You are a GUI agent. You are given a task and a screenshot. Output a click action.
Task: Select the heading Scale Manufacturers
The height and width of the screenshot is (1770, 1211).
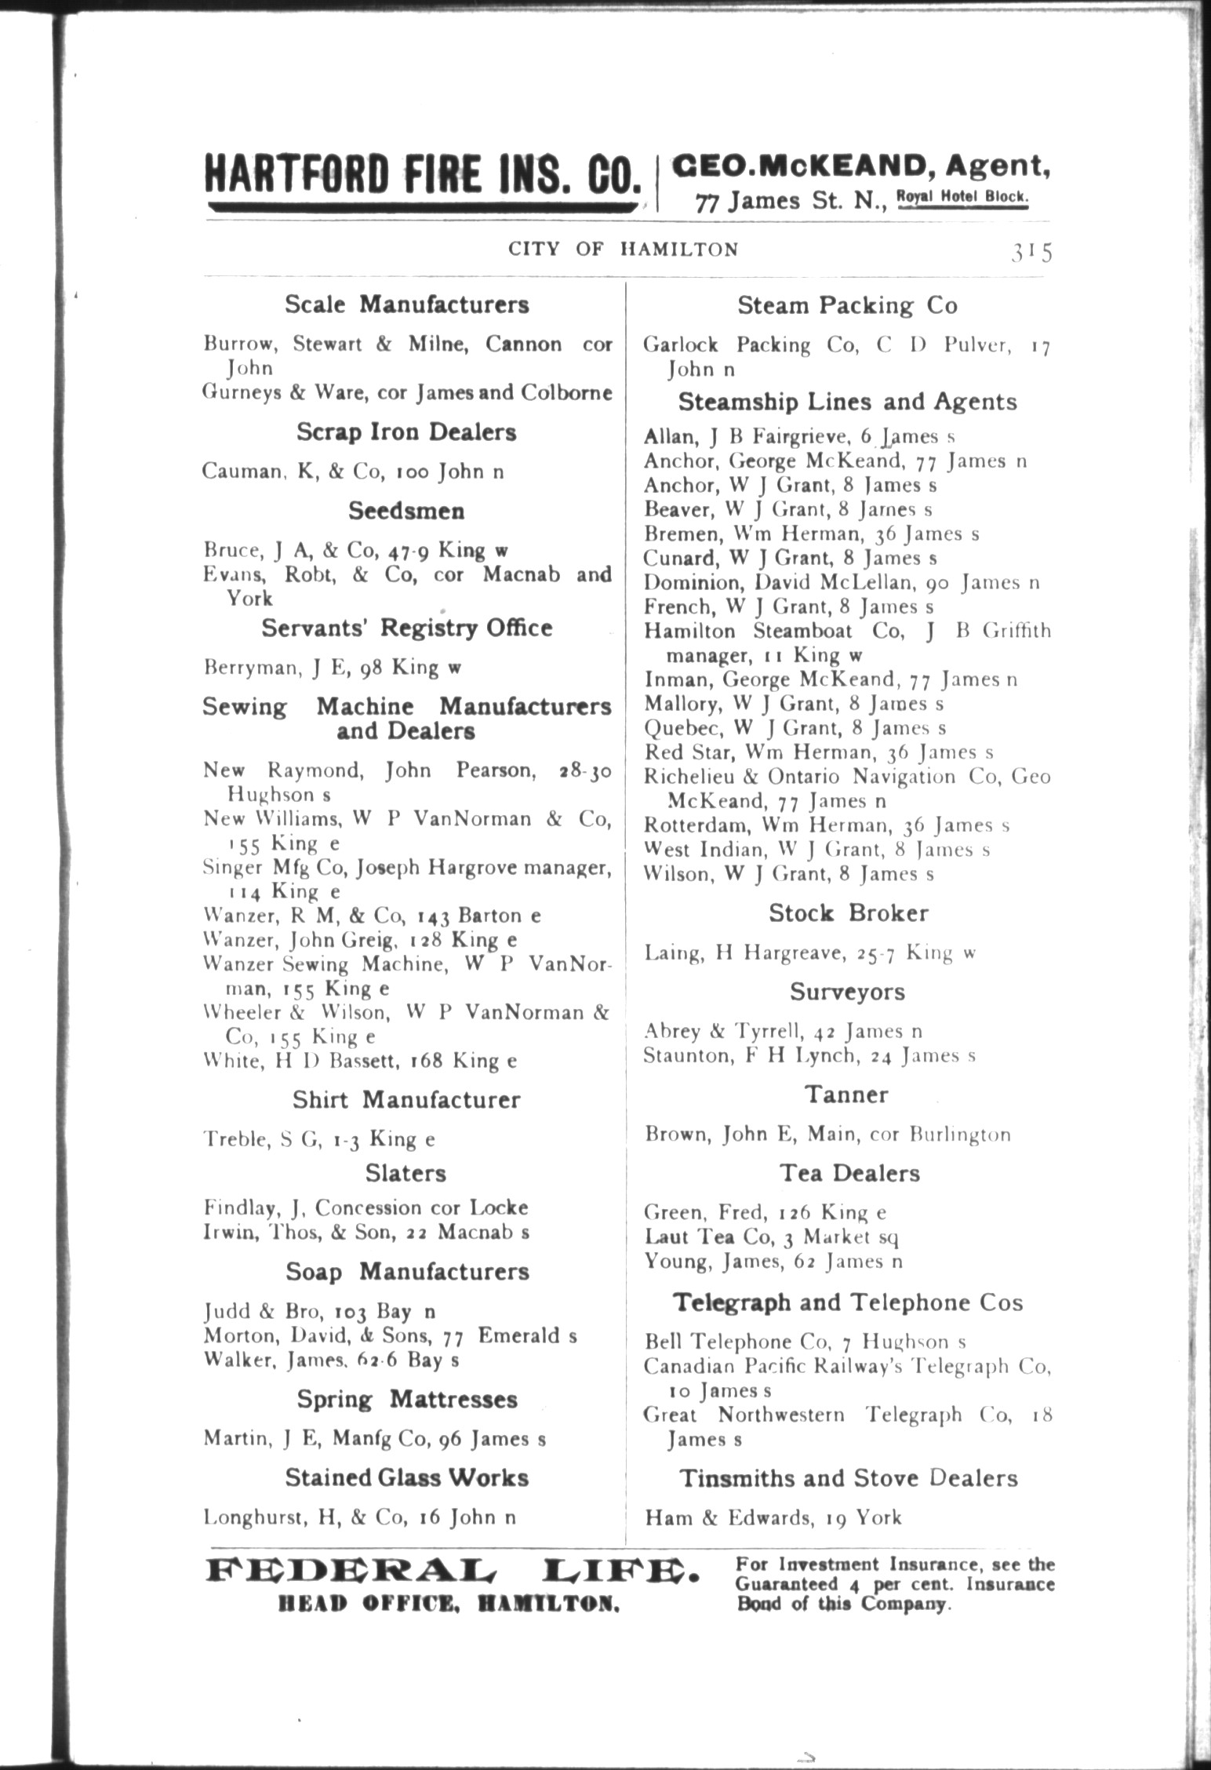406,304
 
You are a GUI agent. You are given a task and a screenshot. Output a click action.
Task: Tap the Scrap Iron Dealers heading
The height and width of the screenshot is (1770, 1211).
406,432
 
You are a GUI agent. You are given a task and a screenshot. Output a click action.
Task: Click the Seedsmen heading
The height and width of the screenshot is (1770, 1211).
406,511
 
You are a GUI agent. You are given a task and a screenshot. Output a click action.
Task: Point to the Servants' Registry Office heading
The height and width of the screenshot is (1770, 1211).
406,628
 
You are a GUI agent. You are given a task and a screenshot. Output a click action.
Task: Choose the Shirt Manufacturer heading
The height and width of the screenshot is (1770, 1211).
406,1099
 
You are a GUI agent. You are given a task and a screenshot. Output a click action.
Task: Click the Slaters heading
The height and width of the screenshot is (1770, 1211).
406,1173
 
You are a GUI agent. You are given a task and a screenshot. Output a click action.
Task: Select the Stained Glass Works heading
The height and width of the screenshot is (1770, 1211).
406,1477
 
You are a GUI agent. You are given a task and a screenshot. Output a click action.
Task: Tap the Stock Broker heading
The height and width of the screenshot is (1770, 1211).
848,912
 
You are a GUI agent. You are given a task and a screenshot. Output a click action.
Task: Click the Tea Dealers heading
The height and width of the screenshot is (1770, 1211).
849,1173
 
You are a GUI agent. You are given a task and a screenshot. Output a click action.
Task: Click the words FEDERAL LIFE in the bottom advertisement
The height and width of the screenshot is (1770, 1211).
452,1572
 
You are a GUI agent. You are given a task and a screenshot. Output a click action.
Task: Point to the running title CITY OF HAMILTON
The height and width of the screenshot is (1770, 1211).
623,249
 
